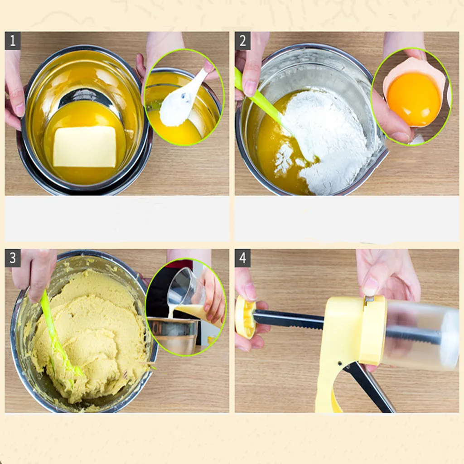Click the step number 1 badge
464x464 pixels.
pyautogui.click(x=13, y=41)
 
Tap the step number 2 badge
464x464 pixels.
pyautogui.click(x=242, y=41)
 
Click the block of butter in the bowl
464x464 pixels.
pyautogui.click(x=85, y=146)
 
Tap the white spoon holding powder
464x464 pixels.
pyautogui.click(x=181, y=102)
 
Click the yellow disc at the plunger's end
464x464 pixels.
pyautogui.click(x=245, y=317)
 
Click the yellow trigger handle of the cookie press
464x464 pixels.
pyautogui.click(x=329, y=385)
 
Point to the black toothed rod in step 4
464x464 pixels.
pyautogui.click(x=290, y=320)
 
